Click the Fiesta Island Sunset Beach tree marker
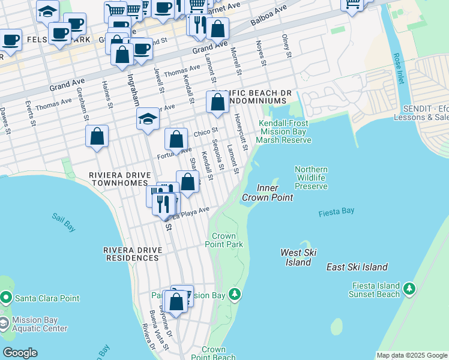(410, 289)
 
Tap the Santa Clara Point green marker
(5, 298)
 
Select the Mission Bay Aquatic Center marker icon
(4, 324)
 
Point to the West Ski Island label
(298, 257)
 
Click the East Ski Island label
(357, 267)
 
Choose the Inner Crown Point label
(267, 193)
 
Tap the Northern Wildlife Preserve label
(311, 178)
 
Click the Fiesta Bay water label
(336, 211)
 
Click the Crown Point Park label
(224, 240)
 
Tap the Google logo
(20, 353)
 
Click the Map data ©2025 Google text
(412, 355)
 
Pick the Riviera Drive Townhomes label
(118, 179)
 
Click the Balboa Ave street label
(265, 24)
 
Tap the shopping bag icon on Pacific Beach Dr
(217, 102)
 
